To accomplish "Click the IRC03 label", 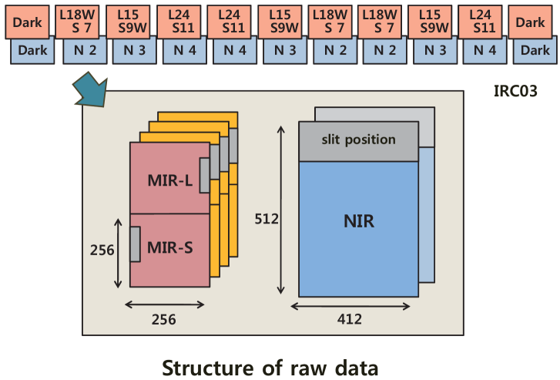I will pyautogui.click(x=515, y=91).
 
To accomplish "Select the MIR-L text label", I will pyautogui.click(x=169, y=182).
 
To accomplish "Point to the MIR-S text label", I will pyautogui.click(x=169, y=249).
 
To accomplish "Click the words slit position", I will pyautogui.click(x=358, y=140).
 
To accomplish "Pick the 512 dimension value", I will pyautogui.click(x=267, y=219).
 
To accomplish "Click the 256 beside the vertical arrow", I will pyautogui.click(x=102, y=250).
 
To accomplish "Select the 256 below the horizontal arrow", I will pyautogui.click(x=163, y=318).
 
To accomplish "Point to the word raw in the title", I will pyautogui.click(x=316, y=367).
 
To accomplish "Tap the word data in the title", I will pyautogui.click(x=360, y=367).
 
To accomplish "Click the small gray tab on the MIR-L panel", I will pyautogui.click(x=204, y=176).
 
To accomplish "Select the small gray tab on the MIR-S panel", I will pyautogui.click(x=134, y=244).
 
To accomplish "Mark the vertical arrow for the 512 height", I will pyautogui.click(x=280, y=208).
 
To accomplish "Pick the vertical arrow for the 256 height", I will pyautogui.click(x=118, y=251).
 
